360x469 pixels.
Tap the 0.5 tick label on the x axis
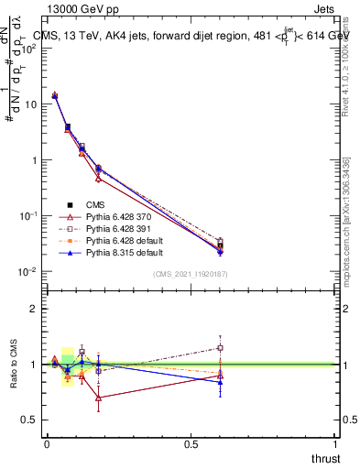(191, 444)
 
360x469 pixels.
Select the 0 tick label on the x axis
(47, 444)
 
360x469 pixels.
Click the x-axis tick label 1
(335, 444)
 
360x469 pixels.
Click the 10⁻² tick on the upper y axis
(27, 271)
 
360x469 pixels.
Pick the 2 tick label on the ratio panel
(33, 309)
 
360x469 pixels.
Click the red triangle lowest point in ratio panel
(98, 398)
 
